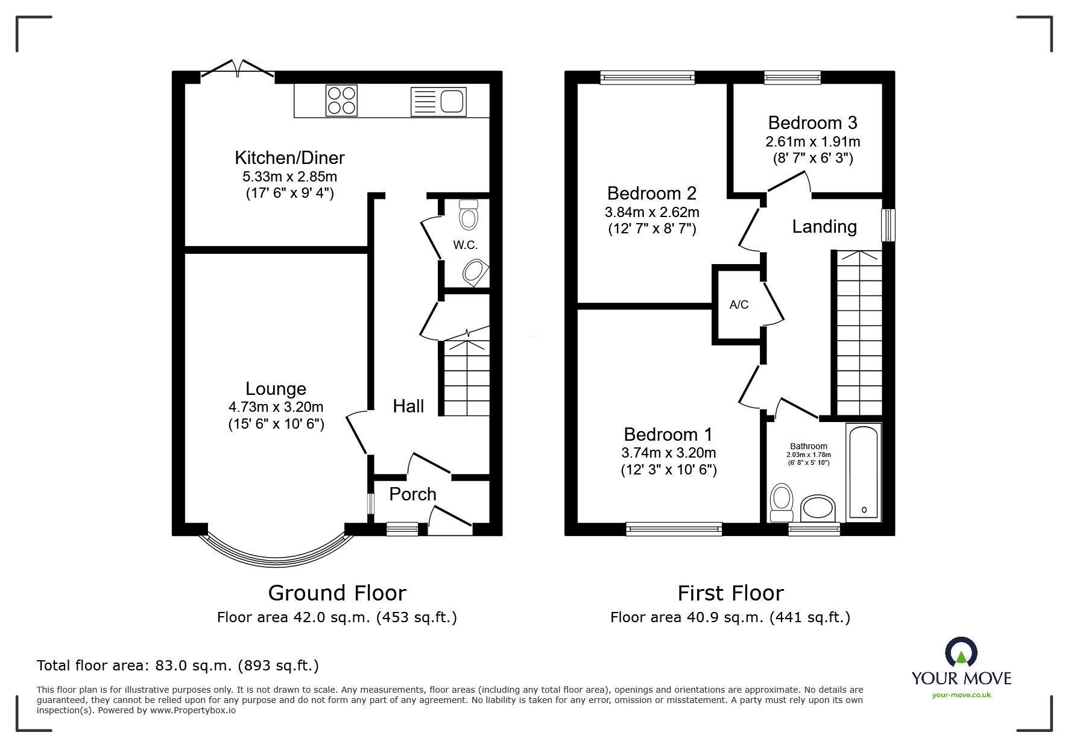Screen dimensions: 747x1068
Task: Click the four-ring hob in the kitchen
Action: point(341,100)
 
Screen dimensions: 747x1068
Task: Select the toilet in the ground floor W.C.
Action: point(469,215)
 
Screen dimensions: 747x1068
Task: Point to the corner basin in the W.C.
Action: point(475,273)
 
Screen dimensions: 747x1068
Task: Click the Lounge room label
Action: point(276,389)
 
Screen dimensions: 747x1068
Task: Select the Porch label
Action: point(412,494)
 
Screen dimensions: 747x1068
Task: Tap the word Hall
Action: point(408,406)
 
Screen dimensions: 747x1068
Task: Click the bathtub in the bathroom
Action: point(864,471)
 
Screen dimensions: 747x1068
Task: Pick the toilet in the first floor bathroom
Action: point(782,502)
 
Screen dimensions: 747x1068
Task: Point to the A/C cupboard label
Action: point(739,305)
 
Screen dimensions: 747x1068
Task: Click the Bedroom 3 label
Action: point(812,123)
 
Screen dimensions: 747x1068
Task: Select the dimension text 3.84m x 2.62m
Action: point(652,212)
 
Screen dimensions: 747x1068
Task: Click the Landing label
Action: point(824,227)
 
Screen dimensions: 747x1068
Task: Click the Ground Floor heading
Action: point(337,593)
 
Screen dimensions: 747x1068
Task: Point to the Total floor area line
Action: point(178,666)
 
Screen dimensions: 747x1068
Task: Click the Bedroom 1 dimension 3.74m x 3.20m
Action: point(668,453)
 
